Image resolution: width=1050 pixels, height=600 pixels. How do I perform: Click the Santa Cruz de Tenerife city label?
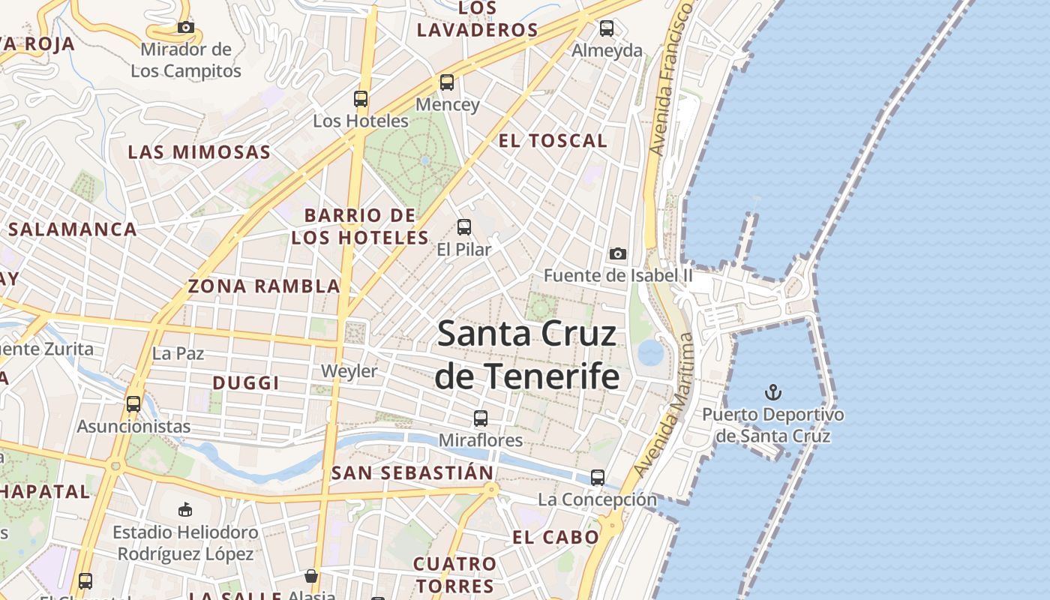tap(527, 354)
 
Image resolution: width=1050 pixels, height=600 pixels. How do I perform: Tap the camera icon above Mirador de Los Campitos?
tap(186, 28)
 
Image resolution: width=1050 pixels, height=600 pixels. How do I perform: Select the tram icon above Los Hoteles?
tap(361, 98)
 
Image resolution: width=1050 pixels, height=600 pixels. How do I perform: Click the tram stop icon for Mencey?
tap(447, 82)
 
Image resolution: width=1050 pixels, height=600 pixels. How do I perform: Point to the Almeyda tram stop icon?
tap(607, 28)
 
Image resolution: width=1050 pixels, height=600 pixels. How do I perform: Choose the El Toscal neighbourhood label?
tap(553, 140)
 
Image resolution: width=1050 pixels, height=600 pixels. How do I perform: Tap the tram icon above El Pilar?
tap(464, 226)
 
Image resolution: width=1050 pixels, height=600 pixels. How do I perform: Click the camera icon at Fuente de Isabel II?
tap(618, 253)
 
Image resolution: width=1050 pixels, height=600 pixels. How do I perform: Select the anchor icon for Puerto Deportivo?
tap(772, 391)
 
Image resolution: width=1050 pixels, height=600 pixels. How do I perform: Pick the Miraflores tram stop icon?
tap(481, 418)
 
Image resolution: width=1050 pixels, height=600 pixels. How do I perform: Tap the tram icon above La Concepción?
tap(598, 477)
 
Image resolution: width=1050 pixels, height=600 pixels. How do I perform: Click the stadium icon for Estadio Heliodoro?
tap(185, 510)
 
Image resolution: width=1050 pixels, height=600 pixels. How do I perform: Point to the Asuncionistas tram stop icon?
tap(133, 403)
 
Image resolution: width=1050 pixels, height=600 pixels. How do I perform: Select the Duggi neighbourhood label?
tap(246, 382)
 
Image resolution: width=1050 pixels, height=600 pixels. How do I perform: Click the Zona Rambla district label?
tap(264, 286)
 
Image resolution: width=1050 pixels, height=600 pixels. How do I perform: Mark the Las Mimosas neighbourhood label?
tap(199, 152)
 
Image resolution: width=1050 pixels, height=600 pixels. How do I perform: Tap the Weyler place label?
tap(349, 371)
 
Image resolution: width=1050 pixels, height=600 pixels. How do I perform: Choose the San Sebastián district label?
tap(412, 472)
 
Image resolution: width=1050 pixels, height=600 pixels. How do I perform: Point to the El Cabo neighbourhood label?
tap(556, 536)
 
